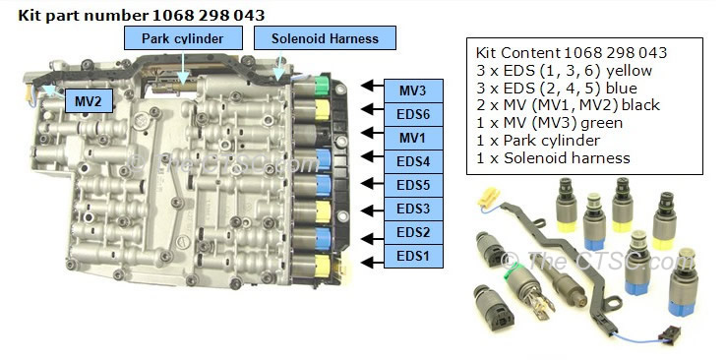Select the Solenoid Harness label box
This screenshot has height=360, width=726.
click(325, 38)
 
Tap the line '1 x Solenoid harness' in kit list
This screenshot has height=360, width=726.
click(539, 158)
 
